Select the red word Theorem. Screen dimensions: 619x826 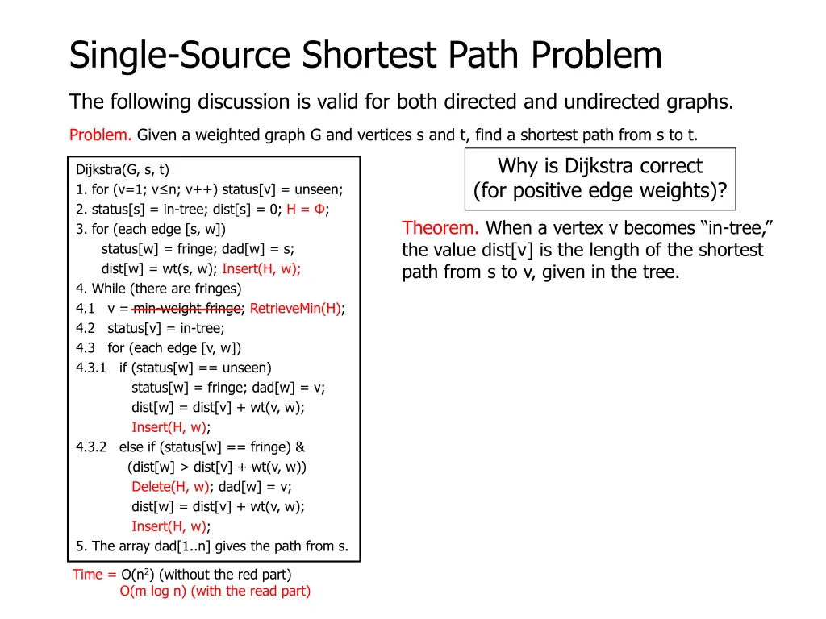(x=441, y=228)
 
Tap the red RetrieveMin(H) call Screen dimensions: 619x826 (x=295, y=308)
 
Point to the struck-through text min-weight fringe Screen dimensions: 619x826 (x=187, y=308)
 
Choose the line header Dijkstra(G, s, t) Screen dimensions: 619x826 (x=123, y=169)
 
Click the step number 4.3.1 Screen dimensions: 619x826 (x=91, y=368)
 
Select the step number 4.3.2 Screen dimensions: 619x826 (x=91, y=447)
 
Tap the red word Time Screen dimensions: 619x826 (x=88, y=575)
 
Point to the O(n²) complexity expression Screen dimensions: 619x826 (x=138, y=575)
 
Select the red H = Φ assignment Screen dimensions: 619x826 (x=307, y=209)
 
